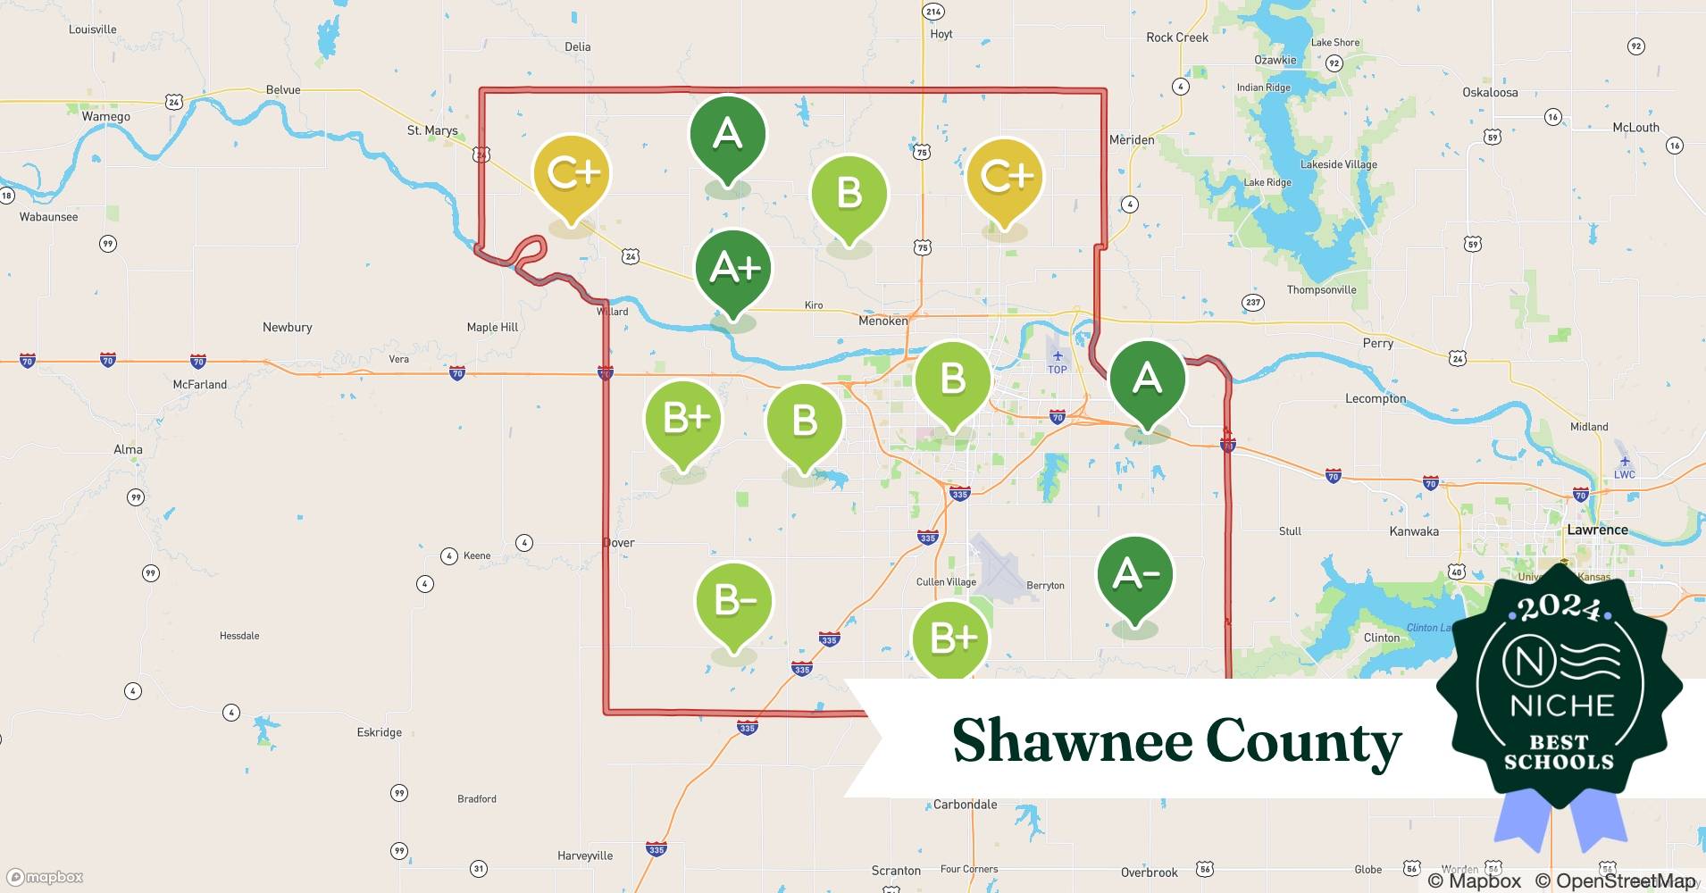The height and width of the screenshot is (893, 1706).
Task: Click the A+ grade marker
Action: [733, 269]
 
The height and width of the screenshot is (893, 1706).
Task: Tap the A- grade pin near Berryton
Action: [1134, 575]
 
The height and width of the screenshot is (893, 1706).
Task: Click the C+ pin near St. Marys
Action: [571, 174]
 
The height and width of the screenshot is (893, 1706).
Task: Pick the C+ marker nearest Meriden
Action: [1004, 177]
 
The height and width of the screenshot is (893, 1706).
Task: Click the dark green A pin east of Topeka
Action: [1147, 380]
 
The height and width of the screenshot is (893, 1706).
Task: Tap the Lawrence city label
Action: [1597, 530]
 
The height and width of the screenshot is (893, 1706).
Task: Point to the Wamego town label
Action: [105, 117]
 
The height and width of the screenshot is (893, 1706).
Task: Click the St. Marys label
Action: [432, 130]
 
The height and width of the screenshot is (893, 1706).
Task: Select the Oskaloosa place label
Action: [1490, 92]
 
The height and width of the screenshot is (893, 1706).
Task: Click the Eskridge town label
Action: [379, 732]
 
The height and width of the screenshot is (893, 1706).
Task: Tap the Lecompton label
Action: [1376, 398]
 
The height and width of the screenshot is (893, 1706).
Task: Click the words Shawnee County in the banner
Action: [1176, 741]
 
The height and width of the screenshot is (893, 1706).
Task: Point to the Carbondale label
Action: [965, 805]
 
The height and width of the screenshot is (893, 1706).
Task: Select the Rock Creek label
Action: [1176, 38]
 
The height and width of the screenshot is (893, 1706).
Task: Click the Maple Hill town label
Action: [492, 327]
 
